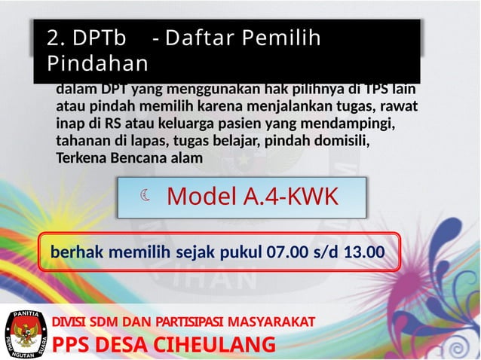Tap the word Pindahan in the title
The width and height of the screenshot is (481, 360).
pyautogui.click(x=97, y=63)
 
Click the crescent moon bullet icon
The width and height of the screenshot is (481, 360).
pyautogui.click(x=146, y=197)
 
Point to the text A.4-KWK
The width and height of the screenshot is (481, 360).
pyautogui.click(x=290, y=197)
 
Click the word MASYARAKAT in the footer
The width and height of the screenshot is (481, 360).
pyautogui.click(x=272, y=322)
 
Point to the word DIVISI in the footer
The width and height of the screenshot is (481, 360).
pyautogui.click(x=66, y=322)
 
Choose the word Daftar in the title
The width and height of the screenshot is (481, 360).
pyautogui.click(x=196, y=37)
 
